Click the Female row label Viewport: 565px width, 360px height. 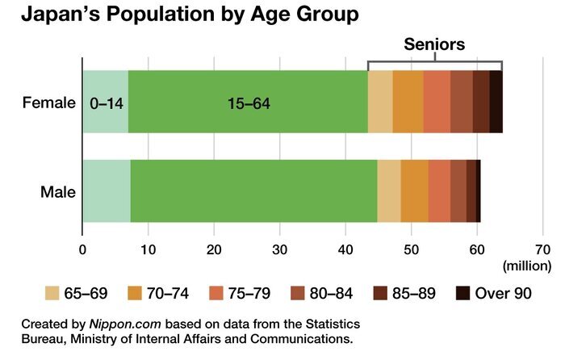pyautogui.click(x=49, y=103)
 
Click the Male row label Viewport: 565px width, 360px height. pyautogui.click(x=58, y=192)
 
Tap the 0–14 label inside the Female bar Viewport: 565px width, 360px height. pyautogui.click(x=107, y=104)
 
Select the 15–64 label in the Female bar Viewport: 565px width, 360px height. pyautogui.click(x=249, y=104)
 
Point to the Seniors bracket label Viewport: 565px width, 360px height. pyautogui.click(x=434, y=44)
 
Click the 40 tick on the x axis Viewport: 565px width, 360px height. pyautogui.click(x=345, y=249)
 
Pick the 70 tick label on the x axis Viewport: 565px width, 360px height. pyautogui.click(x=543, y=249)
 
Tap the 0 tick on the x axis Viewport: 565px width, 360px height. pyautogui.click(x=82, y=249)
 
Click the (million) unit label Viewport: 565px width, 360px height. pyautogui.click(x=527, y=266)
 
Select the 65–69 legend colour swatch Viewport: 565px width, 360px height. pyautogui.click(x=52, y=293)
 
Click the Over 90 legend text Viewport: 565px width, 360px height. pyautogui.click(x=503, y=293)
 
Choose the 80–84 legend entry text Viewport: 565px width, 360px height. pyautogui.click(x=331, y=293)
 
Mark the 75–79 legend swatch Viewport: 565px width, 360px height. pyautogui.click(x=216, y=293)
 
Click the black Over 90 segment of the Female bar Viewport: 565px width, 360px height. pyautogui.click(x=496, y=102)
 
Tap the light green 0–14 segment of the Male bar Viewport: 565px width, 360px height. pyautogui.click(x=107, y=191)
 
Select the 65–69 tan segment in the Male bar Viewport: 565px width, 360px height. pyautogui.click(x=389, y=191)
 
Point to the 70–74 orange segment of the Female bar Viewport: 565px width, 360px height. pyautogui.click(x=408, y=102)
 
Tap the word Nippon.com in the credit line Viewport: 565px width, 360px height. pyautogui.click(x=125, y=324)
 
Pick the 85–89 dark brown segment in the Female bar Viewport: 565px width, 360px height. pyautogui.click(x=481, y=102)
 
